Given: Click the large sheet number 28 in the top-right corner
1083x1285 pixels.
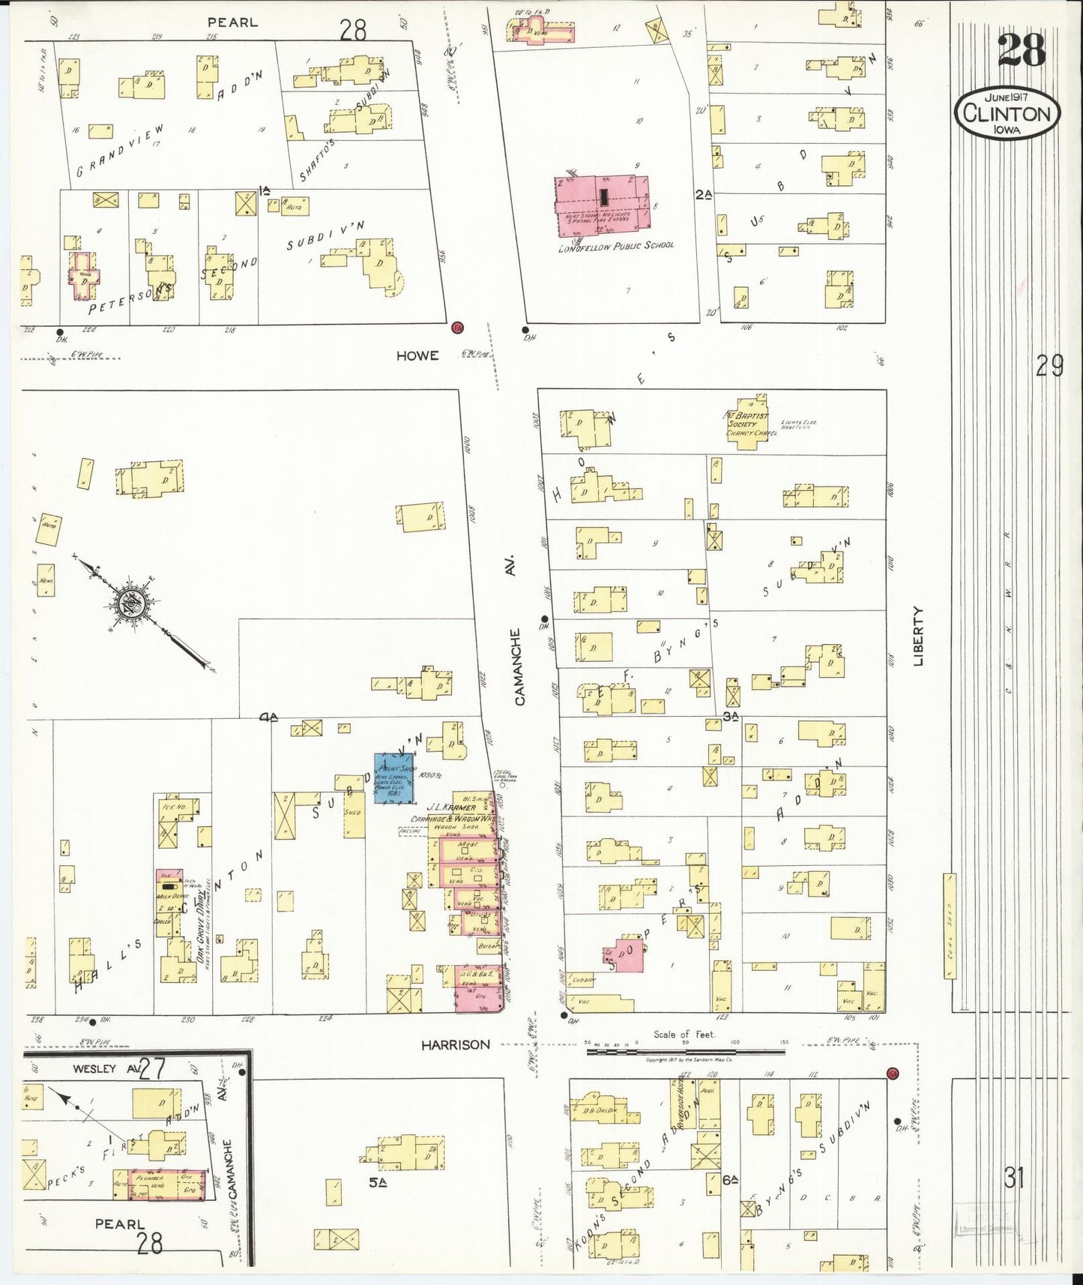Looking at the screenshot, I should click(1021, 51).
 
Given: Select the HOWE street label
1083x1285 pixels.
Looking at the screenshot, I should click(417, 355).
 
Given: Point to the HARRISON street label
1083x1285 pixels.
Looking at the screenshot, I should click(455, 1044).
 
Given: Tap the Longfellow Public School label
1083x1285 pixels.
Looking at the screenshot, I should click(615, 245).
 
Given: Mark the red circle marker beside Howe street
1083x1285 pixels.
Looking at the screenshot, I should click(457, 328).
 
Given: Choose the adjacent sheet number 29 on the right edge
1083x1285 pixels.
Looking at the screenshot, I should click(1049, 367).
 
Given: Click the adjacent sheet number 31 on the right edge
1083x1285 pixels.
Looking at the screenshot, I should click(1014, 1179).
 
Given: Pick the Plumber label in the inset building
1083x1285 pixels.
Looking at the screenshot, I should click(148, 1178).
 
